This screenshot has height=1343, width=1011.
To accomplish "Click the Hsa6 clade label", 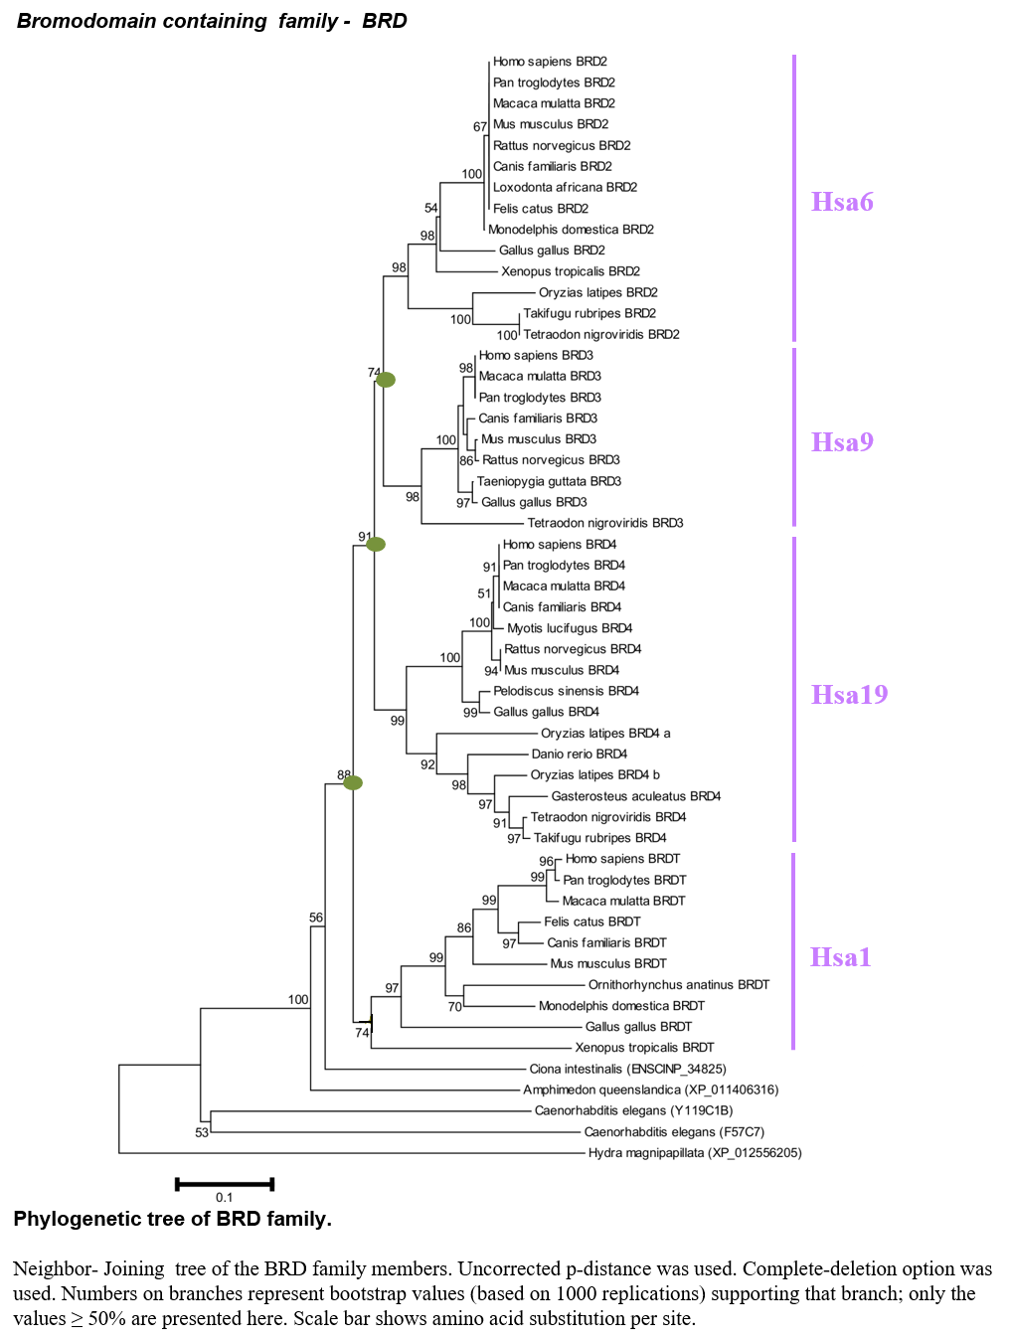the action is pos(842,201).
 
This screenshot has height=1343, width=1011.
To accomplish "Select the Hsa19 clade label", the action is pos(849,694).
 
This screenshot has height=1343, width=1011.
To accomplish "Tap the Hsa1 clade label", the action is pos(840,957).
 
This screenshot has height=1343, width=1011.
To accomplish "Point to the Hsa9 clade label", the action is pos(842,441).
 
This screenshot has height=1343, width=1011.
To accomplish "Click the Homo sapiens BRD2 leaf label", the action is pos(550,62).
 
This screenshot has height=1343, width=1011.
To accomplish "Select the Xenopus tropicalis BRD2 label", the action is pos(571,271).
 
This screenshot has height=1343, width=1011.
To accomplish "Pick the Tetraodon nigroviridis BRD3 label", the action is pos(604,523).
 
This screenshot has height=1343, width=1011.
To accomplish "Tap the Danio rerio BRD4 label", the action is pos(580,754).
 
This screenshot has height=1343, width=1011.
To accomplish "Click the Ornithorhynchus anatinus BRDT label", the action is pos(679,984).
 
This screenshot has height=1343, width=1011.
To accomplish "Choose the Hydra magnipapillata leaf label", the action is pos(695,1153).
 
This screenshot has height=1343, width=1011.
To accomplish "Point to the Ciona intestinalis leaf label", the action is pos(627,1069).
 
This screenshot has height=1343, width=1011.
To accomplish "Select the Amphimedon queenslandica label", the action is pos(651,1090).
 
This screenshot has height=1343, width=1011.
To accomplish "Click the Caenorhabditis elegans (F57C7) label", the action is pos(674,1132).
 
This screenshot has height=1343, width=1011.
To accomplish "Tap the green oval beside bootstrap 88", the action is pos(353,782).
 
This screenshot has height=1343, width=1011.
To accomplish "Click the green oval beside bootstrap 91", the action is pos(376,544).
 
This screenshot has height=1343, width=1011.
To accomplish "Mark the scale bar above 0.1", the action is pos(225,1184).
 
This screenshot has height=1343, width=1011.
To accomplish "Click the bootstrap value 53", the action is pos(202,1132).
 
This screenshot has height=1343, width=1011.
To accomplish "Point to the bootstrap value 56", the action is pos(315,918).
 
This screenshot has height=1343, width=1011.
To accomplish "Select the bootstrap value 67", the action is pos(480,126).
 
